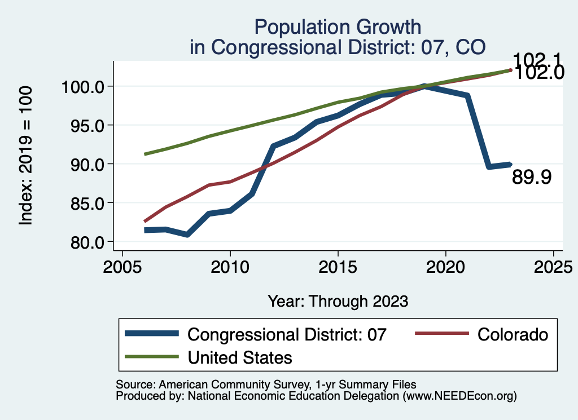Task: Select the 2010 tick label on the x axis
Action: [230, 266]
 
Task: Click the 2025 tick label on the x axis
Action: [553, 266]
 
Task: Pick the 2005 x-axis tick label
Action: [122, 266]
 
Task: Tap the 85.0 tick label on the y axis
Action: [85, 203]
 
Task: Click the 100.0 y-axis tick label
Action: [81, 87]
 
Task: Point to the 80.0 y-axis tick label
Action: [85, 242]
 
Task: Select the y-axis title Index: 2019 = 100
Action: [26, 156]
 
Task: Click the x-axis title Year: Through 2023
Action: [338, 301]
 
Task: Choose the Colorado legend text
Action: [513, 334]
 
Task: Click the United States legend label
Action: [240, 357]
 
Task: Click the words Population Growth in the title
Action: [338, 26]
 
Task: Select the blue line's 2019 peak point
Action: [424, 86]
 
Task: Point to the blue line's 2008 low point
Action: [187, 235]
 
